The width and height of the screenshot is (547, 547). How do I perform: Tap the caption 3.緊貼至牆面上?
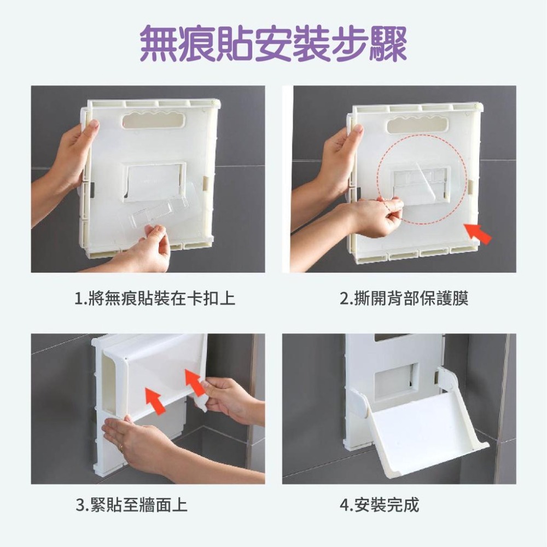[131, 504]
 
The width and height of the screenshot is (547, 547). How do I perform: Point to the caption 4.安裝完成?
[379, 504]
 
